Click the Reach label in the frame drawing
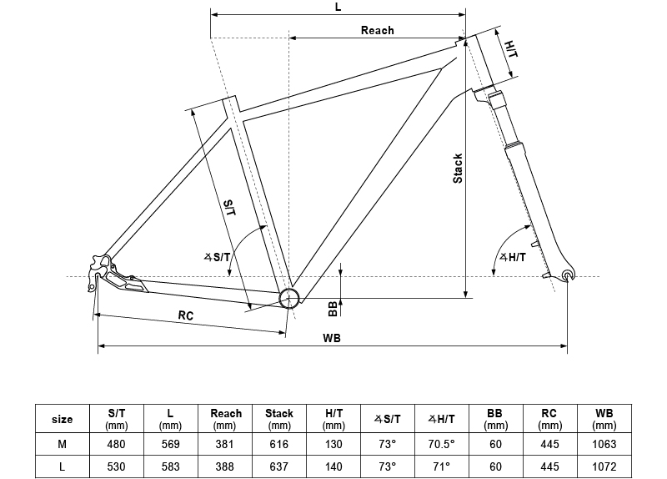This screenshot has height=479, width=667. [378, 30]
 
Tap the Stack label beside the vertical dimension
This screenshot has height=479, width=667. [458, 169]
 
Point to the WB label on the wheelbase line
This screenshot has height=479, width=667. [331, 338]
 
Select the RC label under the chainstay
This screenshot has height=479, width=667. [185, 315]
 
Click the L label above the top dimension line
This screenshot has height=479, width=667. [339, 7]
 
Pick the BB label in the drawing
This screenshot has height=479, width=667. [333, 309]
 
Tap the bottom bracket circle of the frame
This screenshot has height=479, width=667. [289, 298]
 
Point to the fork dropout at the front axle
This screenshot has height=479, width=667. [568, 275]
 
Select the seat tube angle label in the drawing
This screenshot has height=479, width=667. [217, 257]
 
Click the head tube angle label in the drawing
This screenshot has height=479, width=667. [513, 257]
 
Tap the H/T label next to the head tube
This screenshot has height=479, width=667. [511, 49]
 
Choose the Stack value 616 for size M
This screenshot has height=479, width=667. [279, 444]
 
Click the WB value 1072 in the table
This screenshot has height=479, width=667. [604, 466]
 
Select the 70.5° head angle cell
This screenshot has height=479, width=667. [442, 444]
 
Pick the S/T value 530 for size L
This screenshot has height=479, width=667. [116, 466]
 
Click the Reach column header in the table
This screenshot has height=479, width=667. [225, 419]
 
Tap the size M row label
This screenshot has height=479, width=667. [62, 444]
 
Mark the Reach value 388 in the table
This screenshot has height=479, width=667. [224, 466]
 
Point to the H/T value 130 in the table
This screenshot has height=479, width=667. [333, 444]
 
